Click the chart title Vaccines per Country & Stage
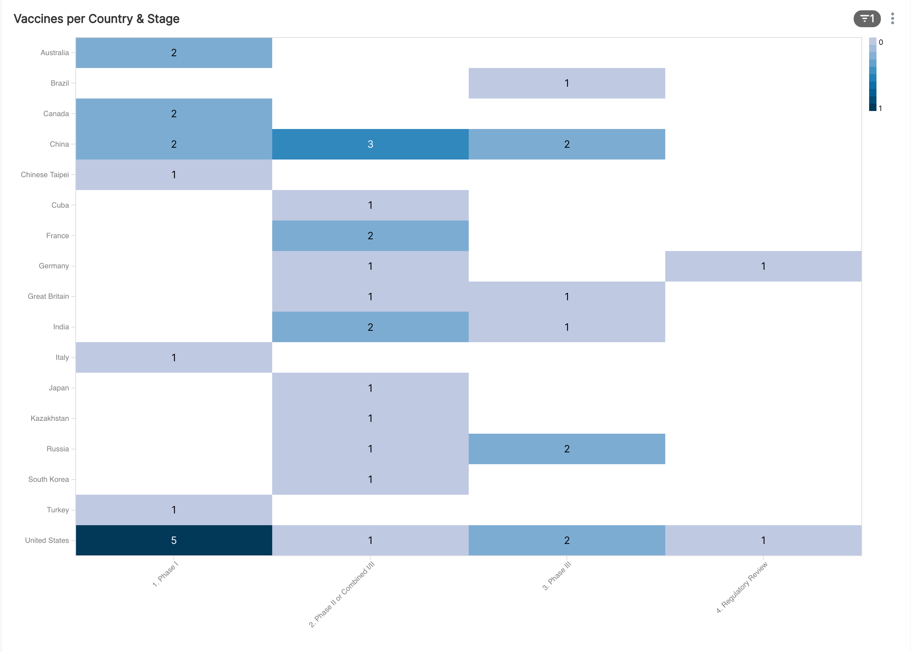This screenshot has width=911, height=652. tap(96, 19)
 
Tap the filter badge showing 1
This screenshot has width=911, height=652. tap(867, 19)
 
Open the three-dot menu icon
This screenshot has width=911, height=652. tap(892, 18)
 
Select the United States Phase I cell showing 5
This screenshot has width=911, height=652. tap(174, 540)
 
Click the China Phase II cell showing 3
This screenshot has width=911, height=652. tap(370, 144)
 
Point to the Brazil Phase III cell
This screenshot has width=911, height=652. tap(566, 83)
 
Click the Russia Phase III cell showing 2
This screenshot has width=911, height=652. tap(566, 449)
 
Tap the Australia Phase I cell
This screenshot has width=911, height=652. tap(174, 53)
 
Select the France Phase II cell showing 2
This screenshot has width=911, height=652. tap(370, 236)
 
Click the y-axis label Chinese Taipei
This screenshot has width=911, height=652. tap(45, 175)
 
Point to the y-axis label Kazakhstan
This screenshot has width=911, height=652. tap(50, 418)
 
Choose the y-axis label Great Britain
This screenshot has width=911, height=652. tap(48, 296)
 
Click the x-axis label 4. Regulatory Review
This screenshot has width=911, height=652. tap(742, 587)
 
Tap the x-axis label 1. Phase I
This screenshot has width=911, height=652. tap(165, 574)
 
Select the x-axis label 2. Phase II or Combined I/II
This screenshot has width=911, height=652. tap(342, 594)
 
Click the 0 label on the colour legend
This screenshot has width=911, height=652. tap(881, 42)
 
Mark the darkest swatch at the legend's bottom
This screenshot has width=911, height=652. tap(872, 107)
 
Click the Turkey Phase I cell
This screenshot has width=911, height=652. tap(174, 509)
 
